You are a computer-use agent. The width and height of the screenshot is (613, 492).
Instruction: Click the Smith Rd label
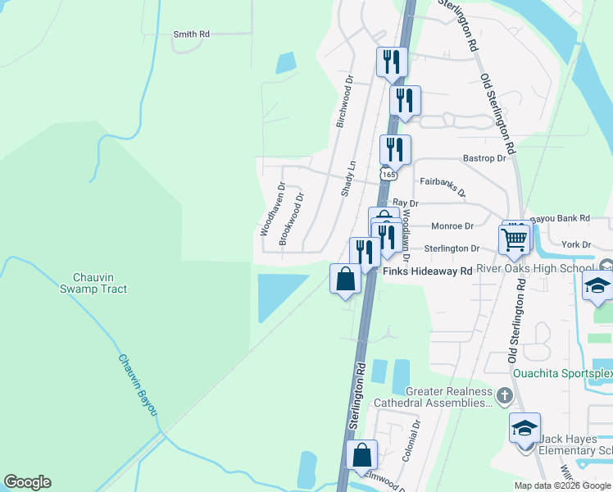pyautogui.click(x=192, y=34)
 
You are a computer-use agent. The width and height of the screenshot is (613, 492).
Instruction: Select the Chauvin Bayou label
pyautogui.click(x=136, y=384)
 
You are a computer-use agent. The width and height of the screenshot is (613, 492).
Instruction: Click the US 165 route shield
pyautogui.click(x=388, y=175)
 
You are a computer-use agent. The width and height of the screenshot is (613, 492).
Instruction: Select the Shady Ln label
pyautogui.click(x=348, y=177)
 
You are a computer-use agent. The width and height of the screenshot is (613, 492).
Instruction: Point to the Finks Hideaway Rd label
pyautogui.click(x=428, y=271)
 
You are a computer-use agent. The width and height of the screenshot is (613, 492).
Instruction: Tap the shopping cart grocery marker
pyautogui.click(x=515, y=239)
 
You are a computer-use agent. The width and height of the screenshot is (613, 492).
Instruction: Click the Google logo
pyautogui.click(x=27, y=482)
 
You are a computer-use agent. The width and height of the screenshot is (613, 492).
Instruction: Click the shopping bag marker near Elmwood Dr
pyautogui.click(x=361, y=455)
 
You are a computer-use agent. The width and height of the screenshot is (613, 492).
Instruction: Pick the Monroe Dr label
pyautogui.click(x=452, y=225)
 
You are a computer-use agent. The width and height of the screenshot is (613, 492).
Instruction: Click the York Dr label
pyautogui.click(x=576, y=244)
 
